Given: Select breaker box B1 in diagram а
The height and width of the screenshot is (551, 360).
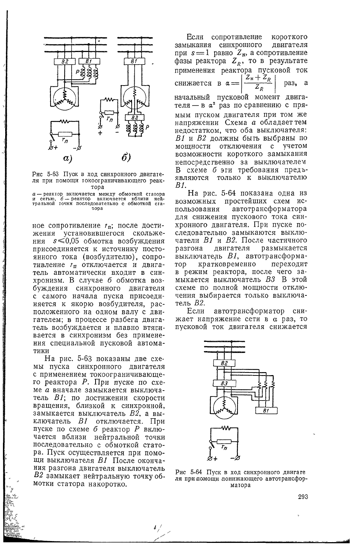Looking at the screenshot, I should pos(89,61).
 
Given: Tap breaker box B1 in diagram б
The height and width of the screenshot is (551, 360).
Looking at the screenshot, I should pos(133,61).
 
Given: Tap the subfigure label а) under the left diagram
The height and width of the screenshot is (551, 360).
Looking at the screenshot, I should pos(67,159).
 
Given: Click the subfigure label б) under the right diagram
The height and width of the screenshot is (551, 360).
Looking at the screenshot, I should pos(126,159).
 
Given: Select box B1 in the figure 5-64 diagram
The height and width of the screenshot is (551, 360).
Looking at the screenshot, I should pos(265,410).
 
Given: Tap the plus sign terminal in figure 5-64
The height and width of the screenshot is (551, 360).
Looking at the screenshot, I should pos(212,458).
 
